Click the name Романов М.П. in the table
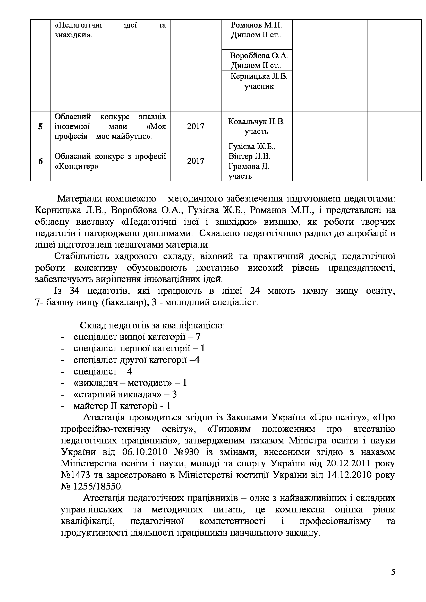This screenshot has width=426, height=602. [256, 25]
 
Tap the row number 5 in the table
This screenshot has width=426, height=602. [40, 126]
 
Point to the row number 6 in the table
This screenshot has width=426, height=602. [40, 161]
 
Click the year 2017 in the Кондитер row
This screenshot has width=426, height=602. [196, 161]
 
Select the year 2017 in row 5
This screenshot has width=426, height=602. [196, 126]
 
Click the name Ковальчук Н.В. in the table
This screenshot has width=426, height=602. [256, 122]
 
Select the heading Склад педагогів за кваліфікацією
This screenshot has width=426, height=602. [152, 325]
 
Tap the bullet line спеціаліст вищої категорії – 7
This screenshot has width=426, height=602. [137, 337]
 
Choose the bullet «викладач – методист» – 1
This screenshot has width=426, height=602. [130, 383]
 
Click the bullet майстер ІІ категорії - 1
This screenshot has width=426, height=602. [122, 406]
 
